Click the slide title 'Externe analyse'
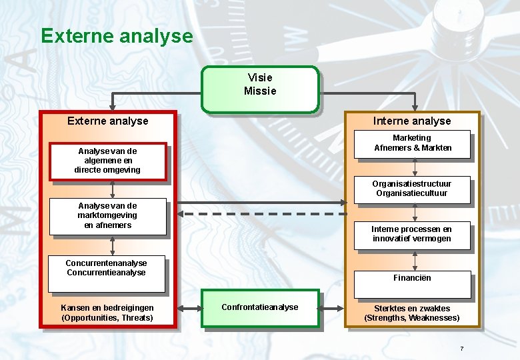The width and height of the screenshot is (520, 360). click(117, 35)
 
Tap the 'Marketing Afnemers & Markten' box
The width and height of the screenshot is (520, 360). click(412, 144)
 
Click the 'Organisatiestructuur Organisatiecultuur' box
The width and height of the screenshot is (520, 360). click(412, 189)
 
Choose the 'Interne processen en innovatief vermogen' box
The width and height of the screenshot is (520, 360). click(412, 235)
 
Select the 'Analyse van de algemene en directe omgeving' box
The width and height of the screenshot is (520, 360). click(107, 161)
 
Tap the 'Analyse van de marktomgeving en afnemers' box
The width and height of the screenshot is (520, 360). click(107, 216)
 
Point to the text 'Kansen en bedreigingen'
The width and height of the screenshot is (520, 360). click(107, 308)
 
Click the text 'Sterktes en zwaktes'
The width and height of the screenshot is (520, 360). click(412, 309)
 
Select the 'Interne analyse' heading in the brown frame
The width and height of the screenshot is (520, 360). click(412, 121)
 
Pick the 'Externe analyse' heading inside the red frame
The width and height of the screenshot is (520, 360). click(108, 121)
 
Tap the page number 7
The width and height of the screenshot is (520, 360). click(461, 349)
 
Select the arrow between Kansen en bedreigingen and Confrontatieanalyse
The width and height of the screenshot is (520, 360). click(189, 309)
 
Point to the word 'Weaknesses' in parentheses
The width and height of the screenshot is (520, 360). click(434, 318)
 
